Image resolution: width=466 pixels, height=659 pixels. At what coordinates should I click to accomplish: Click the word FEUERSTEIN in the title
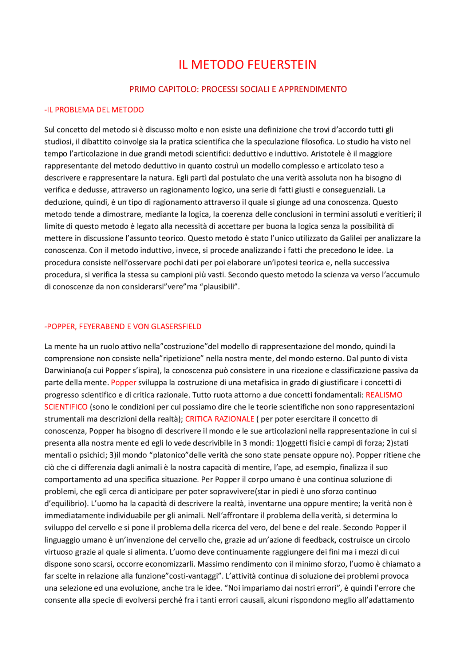click(281, 65)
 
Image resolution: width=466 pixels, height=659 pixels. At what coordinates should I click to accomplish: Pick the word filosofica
click(316, 142)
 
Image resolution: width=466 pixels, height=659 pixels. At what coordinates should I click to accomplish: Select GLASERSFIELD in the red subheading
click(176, 326)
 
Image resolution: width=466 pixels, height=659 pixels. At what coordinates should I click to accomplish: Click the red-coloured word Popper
click(123, 382)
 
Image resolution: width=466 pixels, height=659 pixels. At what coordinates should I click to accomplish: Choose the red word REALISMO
click(384, 395)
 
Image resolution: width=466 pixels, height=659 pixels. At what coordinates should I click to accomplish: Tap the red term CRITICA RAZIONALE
click(220, 419)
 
